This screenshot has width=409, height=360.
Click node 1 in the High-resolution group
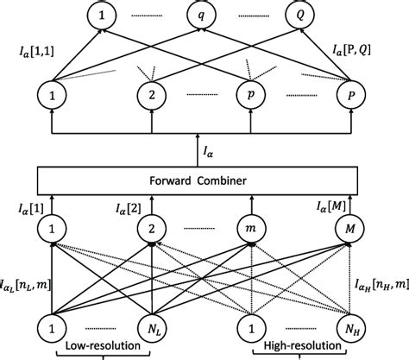253,329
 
